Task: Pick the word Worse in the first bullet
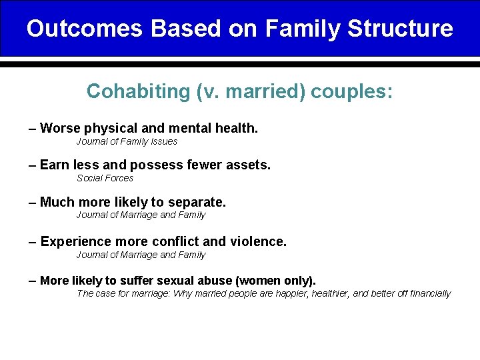coord(59,128)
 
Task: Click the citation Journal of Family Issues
coord(127,141)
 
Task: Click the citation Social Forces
coord(105,178)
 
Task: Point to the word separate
coord(201,201)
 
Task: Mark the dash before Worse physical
coord(33,128)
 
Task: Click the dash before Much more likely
coord(33,201)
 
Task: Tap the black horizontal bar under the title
coord(240,65)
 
